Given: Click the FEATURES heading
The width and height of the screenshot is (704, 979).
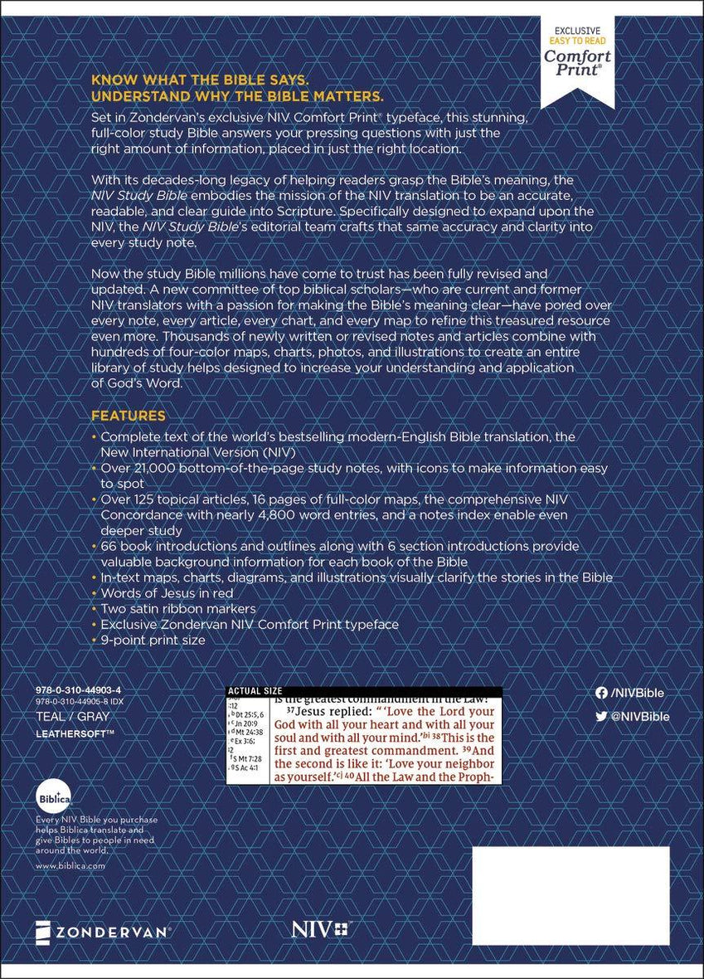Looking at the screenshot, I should [x=128, y=416].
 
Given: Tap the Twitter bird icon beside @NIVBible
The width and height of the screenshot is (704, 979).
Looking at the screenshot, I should [x=601, y=716].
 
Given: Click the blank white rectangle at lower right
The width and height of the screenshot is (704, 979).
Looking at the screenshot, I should [x=570, y=884].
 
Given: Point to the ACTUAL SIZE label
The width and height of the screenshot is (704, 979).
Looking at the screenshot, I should [x=255, y=690].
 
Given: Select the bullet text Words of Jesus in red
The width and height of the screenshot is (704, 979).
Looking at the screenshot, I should [x=167, y=593].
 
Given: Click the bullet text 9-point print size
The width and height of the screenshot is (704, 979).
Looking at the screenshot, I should [x=153, y=640].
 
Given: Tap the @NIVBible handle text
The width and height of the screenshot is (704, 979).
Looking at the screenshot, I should [x=639, y=716].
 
